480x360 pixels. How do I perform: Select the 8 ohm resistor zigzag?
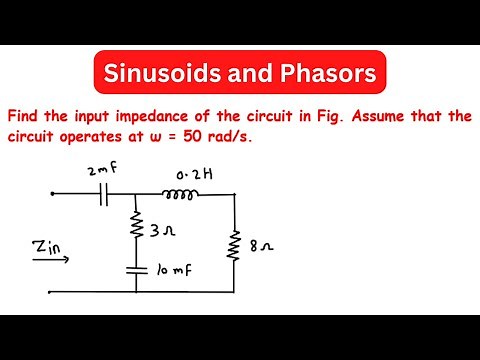tap(234, 244)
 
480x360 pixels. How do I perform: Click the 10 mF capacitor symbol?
tap(134, 268)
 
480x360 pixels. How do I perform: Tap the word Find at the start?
tap(24, 117)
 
